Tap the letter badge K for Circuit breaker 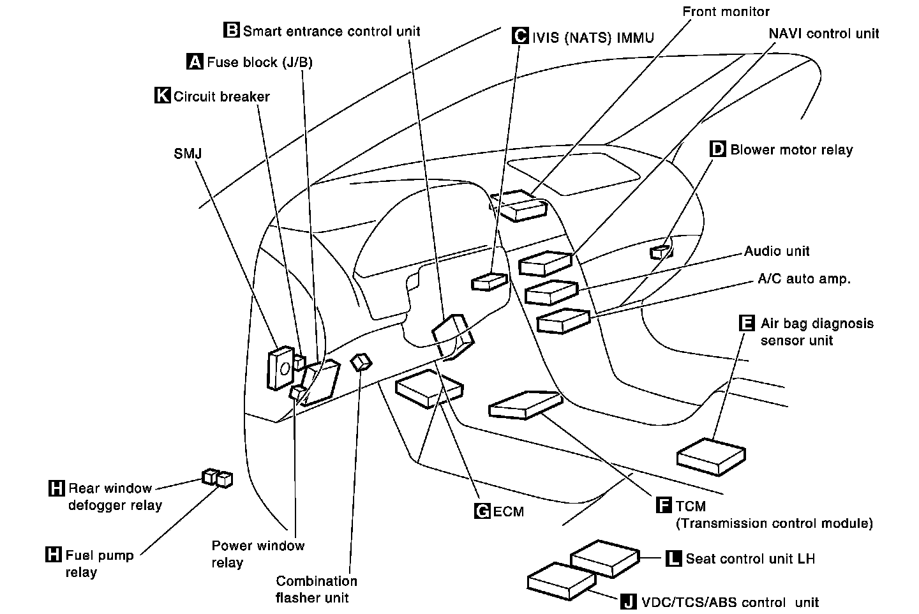click(163, 96)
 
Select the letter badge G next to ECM click(482, 511)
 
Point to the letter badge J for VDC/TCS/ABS click(629, 601)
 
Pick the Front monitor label click(726, 11)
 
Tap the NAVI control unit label click(823, 33)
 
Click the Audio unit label click(777, 251)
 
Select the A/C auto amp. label click(804, 279)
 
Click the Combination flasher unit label click(316, 589)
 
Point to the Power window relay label click(258, 554)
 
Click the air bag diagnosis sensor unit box click(711, 456)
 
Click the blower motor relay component click(661, 251)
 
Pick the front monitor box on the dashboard click(519, 206)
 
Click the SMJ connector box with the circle click(281, 368)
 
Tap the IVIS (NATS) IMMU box click(489, 281)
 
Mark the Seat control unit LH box click(604, 558)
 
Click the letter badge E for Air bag click(745, 323)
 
